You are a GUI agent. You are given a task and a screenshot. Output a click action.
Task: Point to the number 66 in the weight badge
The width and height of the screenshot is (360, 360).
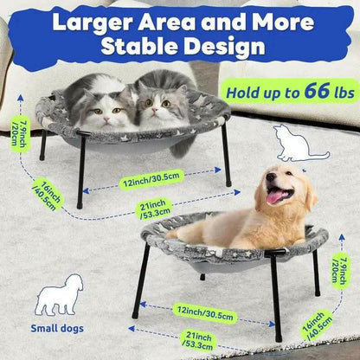[x=317, y=91]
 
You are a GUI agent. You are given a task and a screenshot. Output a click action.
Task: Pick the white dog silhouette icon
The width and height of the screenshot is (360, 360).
[x=59, y=295]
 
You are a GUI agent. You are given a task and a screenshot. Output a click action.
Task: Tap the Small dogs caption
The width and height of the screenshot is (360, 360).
[x=57, y=328]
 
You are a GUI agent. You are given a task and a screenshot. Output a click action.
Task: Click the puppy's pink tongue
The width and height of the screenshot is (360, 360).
[x=274, y=197]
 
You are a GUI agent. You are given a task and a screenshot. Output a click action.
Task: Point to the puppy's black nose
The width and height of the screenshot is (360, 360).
[x=271, y=177]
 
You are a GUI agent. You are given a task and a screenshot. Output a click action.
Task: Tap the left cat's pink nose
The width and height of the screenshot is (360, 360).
[x=107, y=119]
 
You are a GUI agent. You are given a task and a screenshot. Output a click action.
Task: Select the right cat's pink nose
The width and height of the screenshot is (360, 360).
[x=156, y=110]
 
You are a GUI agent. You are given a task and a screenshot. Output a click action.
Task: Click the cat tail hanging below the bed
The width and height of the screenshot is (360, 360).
[x=183, y=147]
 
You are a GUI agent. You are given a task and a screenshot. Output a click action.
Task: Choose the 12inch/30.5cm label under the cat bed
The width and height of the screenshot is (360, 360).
[x=151, y=179]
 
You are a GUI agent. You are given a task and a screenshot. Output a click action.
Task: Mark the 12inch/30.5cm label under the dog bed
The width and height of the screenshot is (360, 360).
[x=205, y=313]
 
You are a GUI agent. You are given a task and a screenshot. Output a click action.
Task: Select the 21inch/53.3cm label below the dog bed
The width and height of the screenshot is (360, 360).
[x=198, y=340]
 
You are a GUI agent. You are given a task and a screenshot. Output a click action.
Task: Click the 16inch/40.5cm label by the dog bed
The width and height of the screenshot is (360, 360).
[x=317, y=325]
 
